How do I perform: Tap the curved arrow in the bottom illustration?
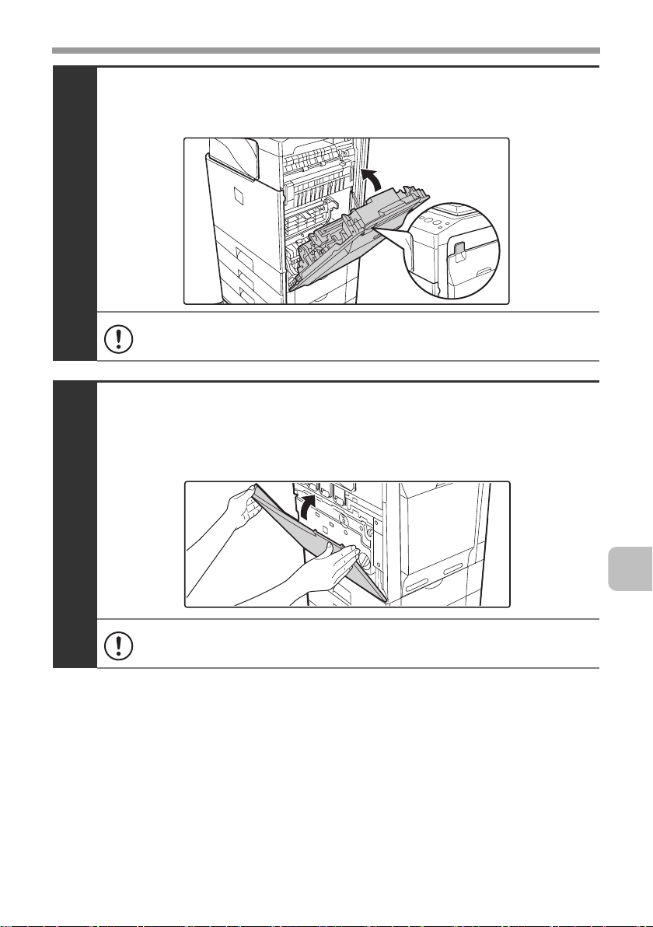click(x=310, y=508)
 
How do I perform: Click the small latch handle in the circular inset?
click(x=459, y=252)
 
